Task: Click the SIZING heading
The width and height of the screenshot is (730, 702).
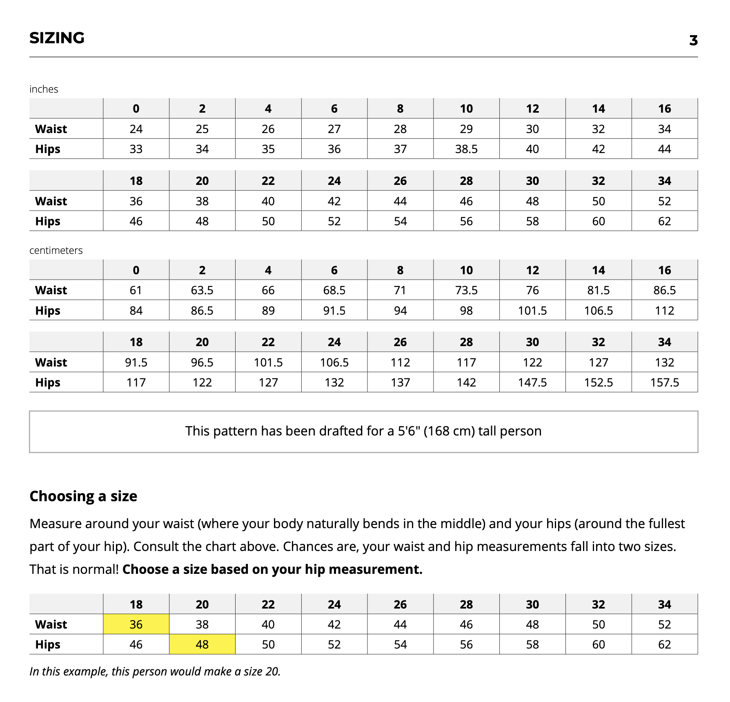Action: point(57,38)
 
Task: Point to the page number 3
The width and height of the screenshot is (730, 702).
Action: point(693,40)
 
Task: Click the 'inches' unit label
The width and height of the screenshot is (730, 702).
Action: point(44,89)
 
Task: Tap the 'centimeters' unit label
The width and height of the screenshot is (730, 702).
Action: point(56,250)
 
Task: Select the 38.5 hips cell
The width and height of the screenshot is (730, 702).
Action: point(466,149)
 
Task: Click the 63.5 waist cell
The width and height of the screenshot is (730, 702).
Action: point(202,290)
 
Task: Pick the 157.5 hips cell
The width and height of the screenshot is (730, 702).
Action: point(664,382)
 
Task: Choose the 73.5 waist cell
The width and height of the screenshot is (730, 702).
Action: point(466,290)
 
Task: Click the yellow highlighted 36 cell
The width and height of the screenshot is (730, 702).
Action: point(136,624)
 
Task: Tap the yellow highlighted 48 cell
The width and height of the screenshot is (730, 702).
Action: point(202,644)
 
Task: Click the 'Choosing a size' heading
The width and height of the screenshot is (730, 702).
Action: point(83,496)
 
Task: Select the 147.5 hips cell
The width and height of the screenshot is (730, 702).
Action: point(532,382)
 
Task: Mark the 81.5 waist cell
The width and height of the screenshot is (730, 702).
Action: point(598,290)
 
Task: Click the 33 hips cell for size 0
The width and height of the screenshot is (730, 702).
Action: point(136,149)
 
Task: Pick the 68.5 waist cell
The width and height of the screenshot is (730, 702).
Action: point(334,290)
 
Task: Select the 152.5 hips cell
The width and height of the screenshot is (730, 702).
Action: point(598,382)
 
